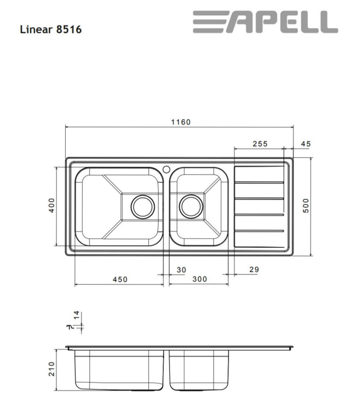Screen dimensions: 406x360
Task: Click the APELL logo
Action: click(x=265, y=22)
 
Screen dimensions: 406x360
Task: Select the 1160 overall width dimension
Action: click(x=181, y=122)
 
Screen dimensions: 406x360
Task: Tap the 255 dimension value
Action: click(x=260, y=144)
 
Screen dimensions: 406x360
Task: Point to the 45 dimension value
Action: click(x=305, y=144)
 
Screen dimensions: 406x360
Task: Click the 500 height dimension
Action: click(x=307, y=206)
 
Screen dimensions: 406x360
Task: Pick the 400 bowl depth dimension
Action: click(x=51, y=206)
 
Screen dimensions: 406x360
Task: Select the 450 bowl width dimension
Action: click(x=120, y=279)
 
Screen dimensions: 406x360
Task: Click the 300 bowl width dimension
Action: click(x=199, y=279)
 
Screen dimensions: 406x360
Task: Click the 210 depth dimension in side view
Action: click(x=51, y=370)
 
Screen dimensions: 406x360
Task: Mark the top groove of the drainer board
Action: click(x=259, y=182)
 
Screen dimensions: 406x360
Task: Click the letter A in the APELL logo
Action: click(x=241, y=22)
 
